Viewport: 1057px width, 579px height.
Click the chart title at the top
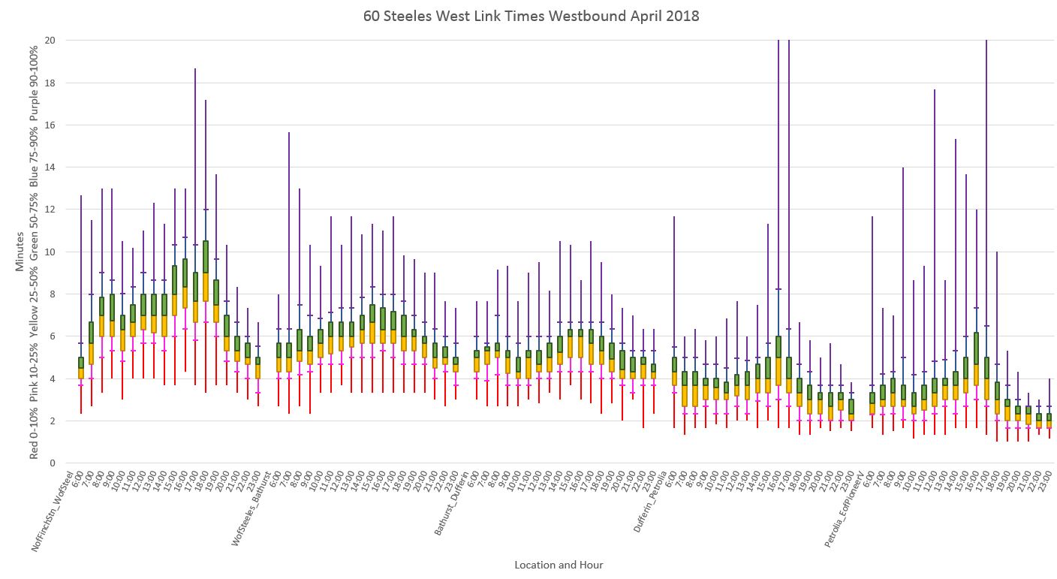531,16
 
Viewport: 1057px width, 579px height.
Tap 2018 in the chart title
682,16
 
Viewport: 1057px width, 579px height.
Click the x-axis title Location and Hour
559,565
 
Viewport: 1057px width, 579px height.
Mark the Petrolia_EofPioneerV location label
848,509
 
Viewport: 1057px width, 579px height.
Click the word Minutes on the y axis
20,256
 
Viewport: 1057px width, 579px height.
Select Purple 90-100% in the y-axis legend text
33,79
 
